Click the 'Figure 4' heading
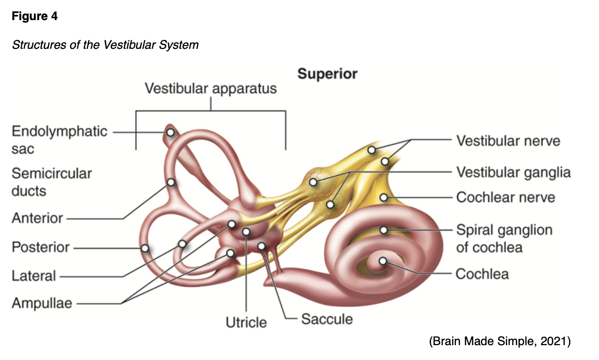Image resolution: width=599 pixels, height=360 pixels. point(34,16)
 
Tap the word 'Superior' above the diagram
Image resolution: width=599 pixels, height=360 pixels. point(327,74)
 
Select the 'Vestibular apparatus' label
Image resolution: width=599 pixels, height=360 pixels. point(211,89)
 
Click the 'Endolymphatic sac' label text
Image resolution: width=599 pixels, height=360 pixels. point(59,140)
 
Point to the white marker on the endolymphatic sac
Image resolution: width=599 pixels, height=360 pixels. point(170,132)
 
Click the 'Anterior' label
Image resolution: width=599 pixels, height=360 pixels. point(37,218)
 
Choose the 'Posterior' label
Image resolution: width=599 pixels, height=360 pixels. point(41,247)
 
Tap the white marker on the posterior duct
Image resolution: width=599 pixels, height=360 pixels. point(144,248)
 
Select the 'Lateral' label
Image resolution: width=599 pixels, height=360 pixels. point(33,276)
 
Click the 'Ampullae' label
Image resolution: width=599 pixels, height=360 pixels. point(42,303)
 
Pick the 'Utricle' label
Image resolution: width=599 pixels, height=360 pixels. point(246,322)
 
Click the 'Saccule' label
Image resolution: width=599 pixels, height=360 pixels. point(327,319)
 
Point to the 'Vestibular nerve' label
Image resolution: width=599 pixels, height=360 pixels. point(508,141)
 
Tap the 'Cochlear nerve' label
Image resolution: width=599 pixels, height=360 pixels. point(506,197)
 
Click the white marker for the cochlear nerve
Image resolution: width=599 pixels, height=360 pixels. point(384,197)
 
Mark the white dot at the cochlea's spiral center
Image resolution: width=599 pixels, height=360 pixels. point(383,261)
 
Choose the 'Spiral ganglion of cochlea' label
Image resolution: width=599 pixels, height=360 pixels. point(504,238)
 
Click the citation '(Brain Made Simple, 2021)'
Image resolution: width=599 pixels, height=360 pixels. point(500,341)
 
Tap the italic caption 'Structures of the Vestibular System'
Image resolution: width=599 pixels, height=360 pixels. point(105,45)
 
